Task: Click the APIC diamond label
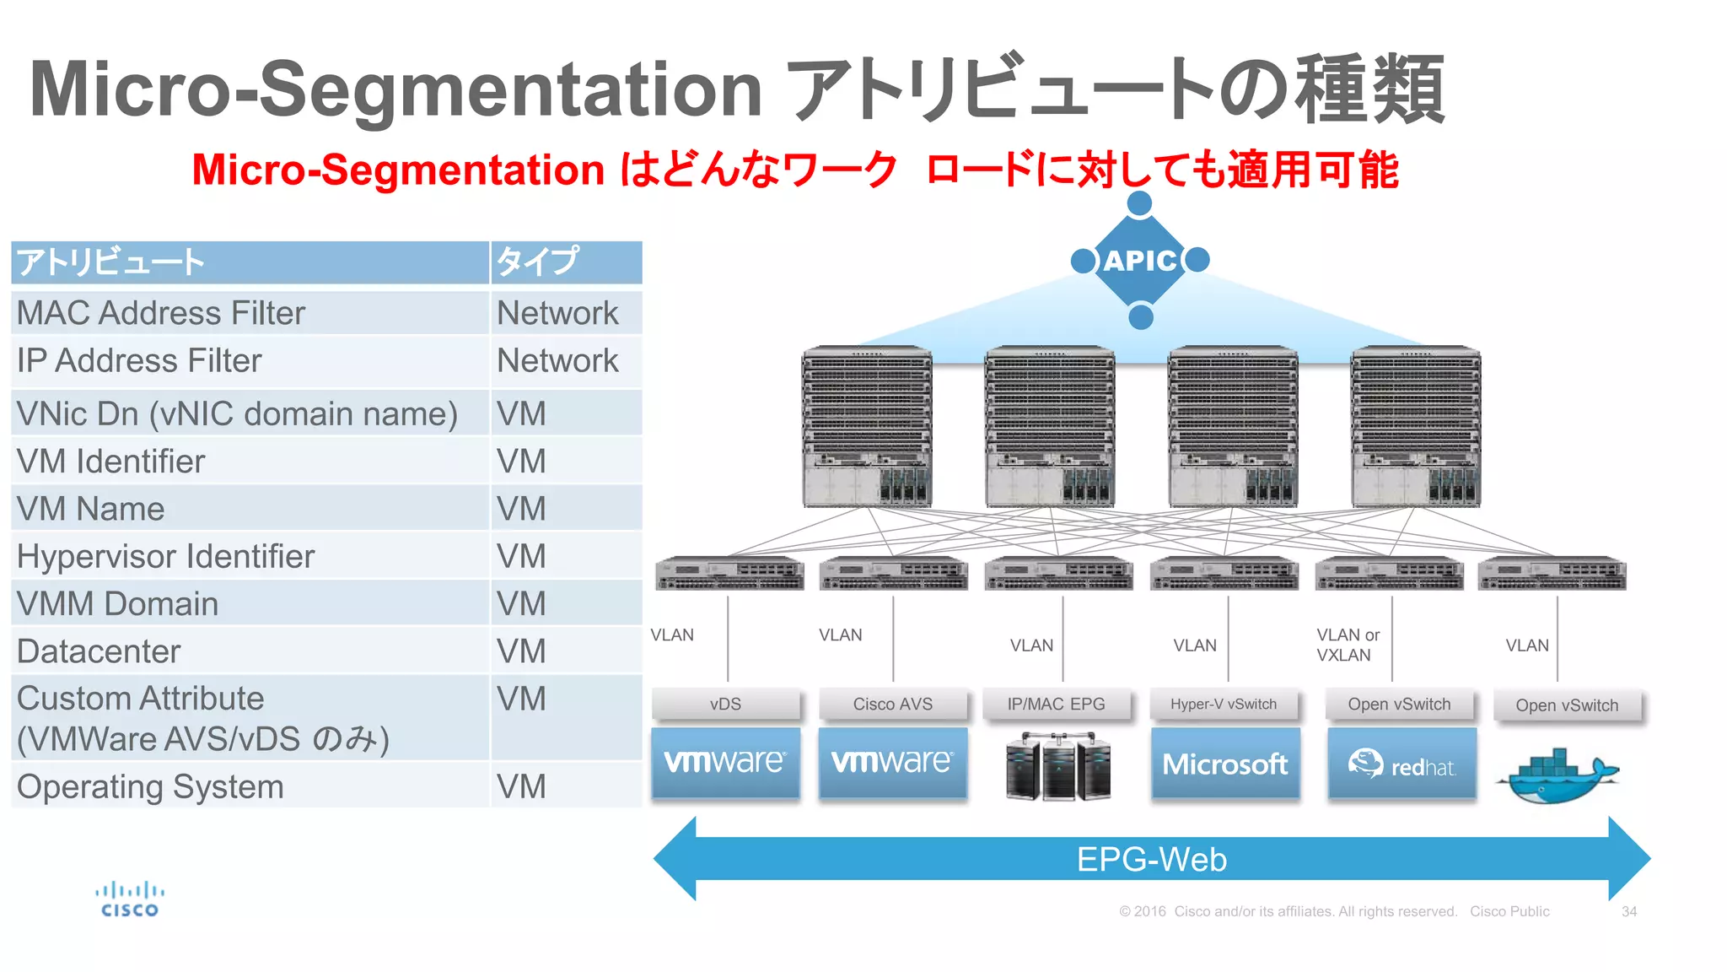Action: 1139,261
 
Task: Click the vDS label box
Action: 725,704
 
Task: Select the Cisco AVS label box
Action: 892,704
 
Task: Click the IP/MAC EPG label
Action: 1056,704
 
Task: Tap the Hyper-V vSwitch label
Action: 1223,704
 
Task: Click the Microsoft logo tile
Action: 1224,764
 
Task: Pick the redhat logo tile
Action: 1402,764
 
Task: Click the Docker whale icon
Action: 1558,775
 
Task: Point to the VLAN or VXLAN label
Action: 1348,645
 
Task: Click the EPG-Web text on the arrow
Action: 1151,859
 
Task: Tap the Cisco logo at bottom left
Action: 129,899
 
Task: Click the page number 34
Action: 1628,911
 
